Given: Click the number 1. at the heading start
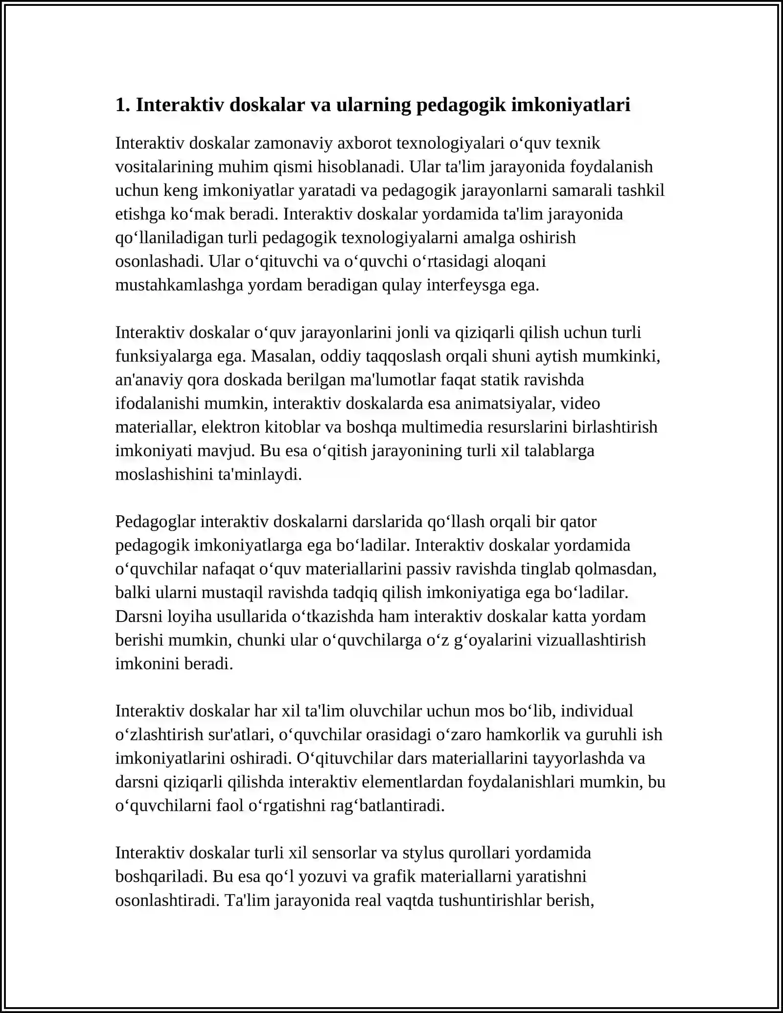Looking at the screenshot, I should tap(122, 105).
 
